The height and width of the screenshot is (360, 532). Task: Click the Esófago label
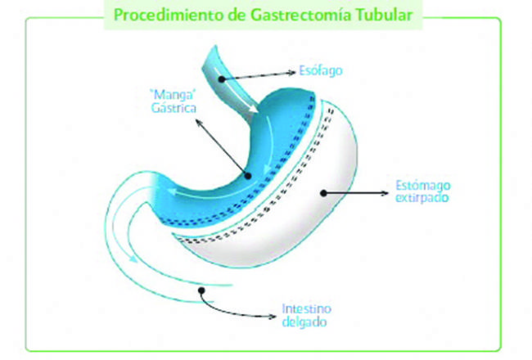(321, 70)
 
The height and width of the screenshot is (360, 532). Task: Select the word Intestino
(304, 309)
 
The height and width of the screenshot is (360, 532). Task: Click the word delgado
(303, 322)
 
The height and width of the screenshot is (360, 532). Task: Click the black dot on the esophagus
(222, 76)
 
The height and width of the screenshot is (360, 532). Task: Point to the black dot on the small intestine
(196, 288)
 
